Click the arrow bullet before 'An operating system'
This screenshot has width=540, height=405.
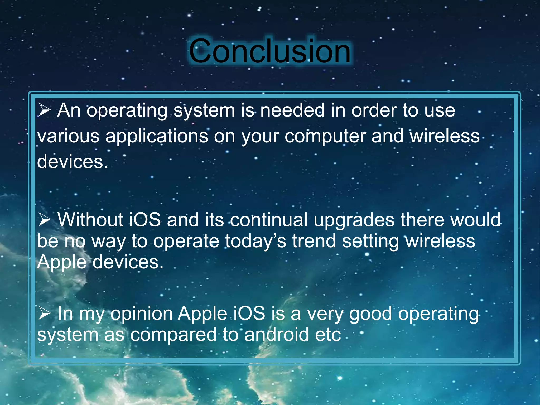(44, 110)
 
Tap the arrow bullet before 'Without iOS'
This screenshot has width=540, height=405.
(44, 220)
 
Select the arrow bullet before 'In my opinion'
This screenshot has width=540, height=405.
(44, 314)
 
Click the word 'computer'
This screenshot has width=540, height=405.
(325, 137)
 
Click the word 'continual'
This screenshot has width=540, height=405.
(269, 220)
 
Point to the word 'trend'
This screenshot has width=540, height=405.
(314, 241)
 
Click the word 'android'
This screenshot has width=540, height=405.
(276, 335)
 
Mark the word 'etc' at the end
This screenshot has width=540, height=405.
(328, 335)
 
